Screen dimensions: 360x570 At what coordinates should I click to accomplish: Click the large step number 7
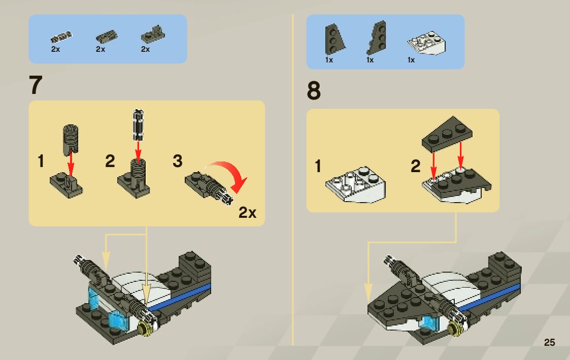coord(35,85)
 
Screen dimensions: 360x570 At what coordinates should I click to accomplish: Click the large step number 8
coord(314,91)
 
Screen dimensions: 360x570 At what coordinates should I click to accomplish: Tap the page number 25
coord(549,342)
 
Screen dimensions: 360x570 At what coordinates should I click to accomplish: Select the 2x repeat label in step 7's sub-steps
coord(248,213)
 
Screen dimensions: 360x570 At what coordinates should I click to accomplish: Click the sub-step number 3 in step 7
coord(177,161)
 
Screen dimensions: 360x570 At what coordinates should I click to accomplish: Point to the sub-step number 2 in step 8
coord(416,166)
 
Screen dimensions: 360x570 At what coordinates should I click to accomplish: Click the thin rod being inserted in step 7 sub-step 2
coord(137,124)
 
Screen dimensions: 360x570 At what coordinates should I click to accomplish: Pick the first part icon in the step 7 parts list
coord(61,37)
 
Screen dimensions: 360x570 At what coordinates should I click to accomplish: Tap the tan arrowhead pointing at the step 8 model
coord(369,293)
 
